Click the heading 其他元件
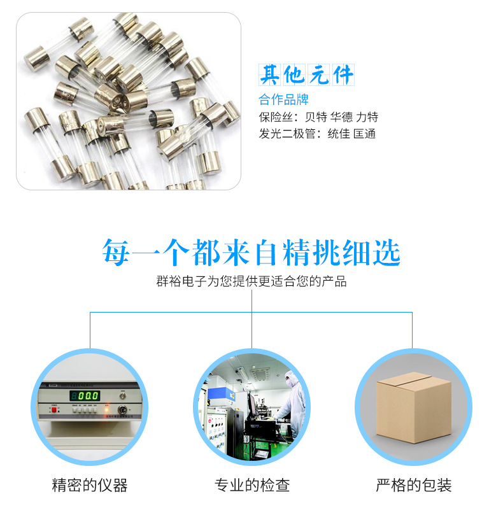(306, 75)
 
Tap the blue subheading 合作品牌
(283, 99)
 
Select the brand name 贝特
(316, 117)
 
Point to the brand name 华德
(342, 117)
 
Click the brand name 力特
(367, 117)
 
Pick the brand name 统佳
(339, 134)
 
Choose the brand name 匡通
(364, 134)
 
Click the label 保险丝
(276, 117)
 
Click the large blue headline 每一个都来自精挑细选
(251, 252)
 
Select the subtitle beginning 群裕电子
(251, 281)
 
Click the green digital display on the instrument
(85, 395)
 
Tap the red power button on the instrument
(54, 410)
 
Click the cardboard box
(414, 407)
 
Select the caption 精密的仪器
(89, 485)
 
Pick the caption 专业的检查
(252, 485)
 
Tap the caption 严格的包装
(414, 485)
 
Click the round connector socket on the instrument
(122, 410)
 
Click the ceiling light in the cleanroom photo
(241, 373)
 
